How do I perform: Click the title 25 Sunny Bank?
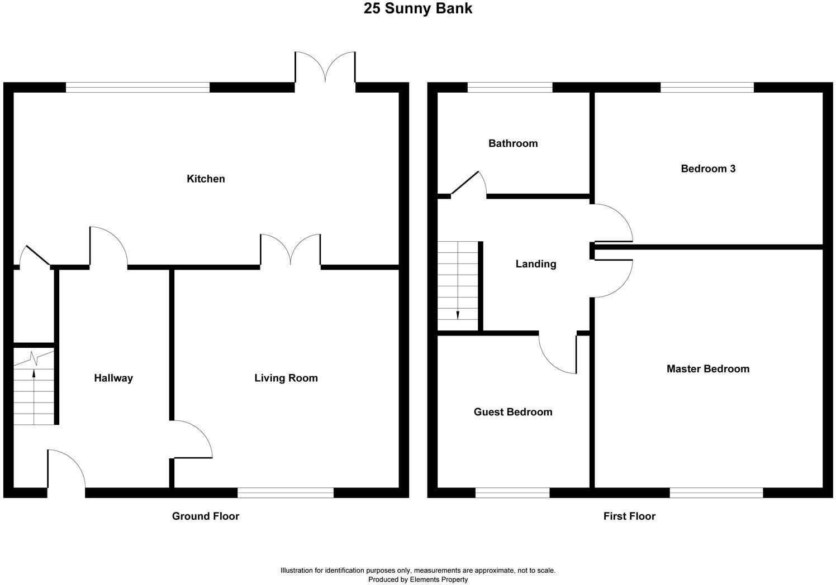pos(418,9)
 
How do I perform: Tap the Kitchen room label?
pos(206,179)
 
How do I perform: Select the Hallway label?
pos(113,378)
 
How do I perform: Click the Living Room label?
pos(286,378)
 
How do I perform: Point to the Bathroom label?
pos(512,143)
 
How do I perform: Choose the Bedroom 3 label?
pos(707,169)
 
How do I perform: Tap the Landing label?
pos(535,264)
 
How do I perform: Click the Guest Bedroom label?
pos(512,412)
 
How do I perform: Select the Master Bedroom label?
pos(707,369)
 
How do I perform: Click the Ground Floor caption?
pos(205,516)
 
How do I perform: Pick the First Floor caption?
pos(629,516)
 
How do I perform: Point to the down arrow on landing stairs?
pos(458,314)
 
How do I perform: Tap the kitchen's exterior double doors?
pos(325,70)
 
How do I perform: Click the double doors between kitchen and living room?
pos(290,250)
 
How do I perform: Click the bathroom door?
pos(469,184)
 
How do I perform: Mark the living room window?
pos(285,492)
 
